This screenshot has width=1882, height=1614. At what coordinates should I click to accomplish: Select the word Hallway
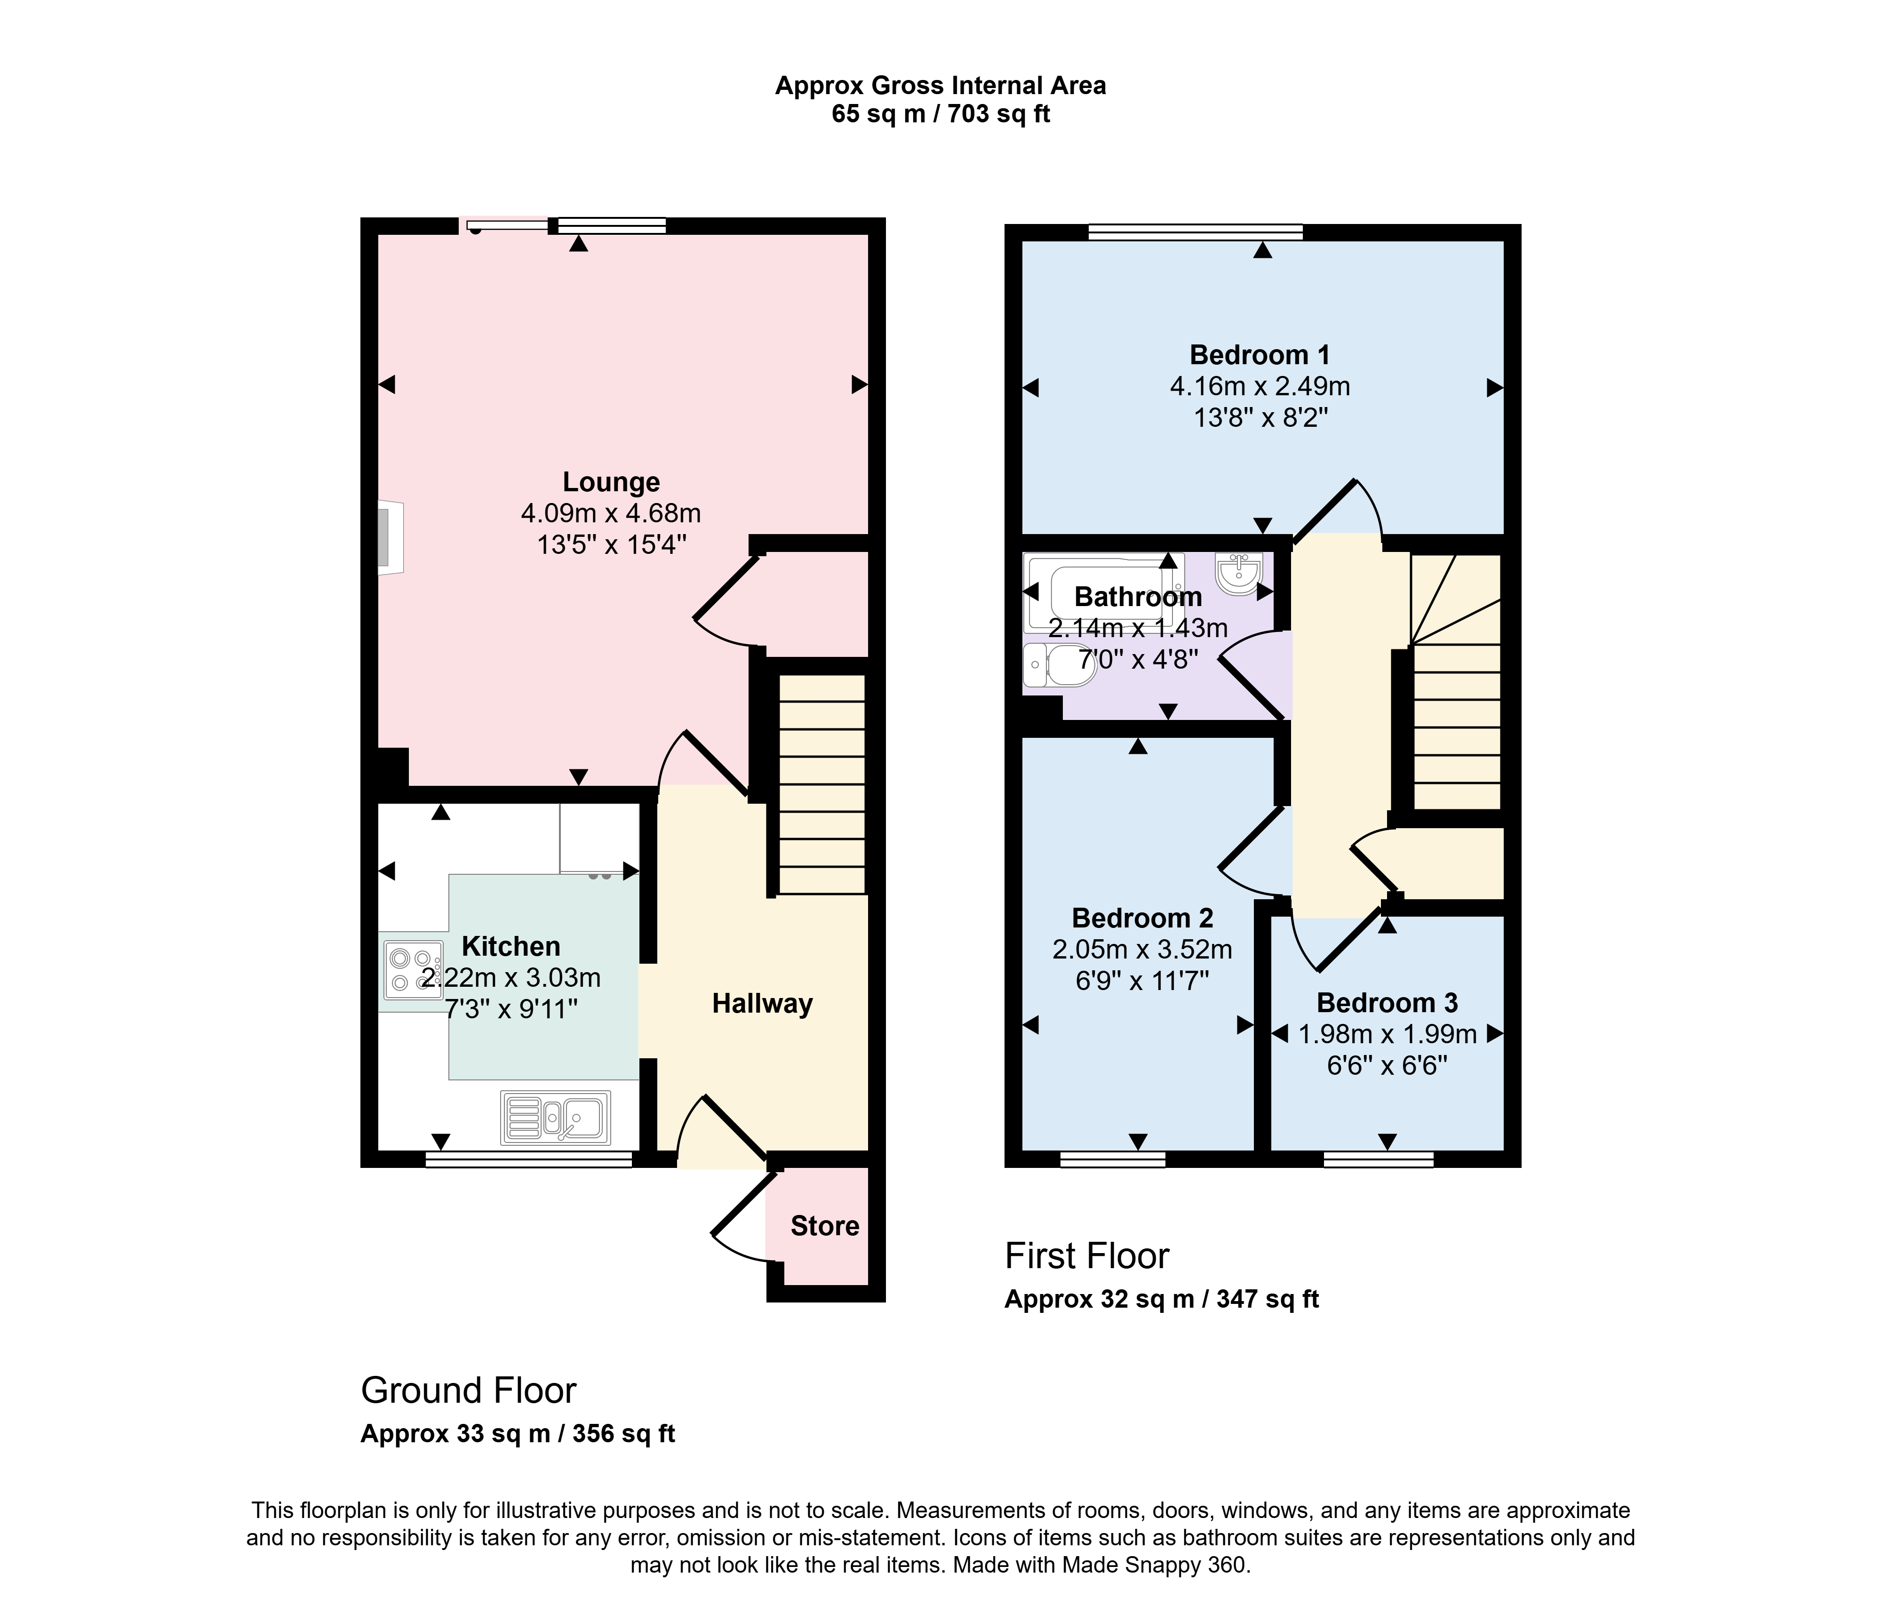pyautogui.click(x=762, y=1004)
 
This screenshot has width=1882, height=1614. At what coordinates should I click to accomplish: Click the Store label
pyautogui.click(x=825, y=1226)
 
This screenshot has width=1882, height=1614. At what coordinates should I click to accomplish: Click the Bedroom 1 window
pyautogui.click(x=1196, y=232)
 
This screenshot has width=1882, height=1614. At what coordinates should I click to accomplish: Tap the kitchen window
pyautogui.click(x=529, y=1159)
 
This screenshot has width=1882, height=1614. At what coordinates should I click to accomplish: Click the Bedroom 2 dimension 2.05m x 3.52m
pyautogui.click(x=1142, y=950)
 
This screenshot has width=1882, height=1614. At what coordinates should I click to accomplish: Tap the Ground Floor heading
pyautogui.click(x=469, y=1390)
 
